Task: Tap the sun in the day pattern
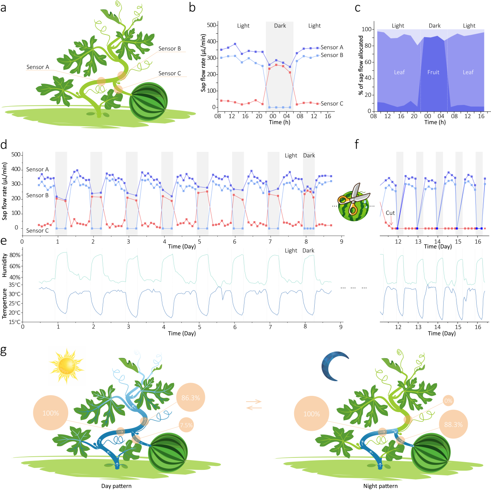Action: coord(67,366)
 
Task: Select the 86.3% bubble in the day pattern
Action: coord(190,398)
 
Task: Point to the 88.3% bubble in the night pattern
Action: coord(453,425)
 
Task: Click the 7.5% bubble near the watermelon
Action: coord(186,425)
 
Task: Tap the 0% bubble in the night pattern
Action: coord(448,401)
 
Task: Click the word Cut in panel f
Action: coord(390,213)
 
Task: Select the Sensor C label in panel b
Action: coord(332,104)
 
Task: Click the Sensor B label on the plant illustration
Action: coord(169,49)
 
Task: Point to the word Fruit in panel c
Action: coord(433,72)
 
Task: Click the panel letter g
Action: coord(3,351)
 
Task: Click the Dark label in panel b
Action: coord(280,26)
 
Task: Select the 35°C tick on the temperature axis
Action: coord(15,285)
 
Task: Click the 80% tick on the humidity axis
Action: coord(15,256)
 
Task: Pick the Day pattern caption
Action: coord(116,486)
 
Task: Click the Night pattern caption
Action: coord(380,486)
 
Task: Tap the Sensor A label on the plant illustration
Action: coord(38,67)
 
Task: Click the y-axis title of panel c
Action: coord(361,65)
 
